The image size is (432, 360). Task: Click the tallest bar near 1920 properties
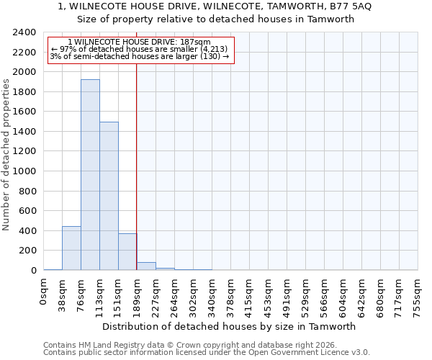tap(90, 175)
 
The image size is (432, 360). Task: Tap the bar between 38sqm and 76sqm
tap(71, 248)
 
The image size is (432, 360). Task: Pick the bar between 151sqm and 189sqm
tap(127, 252)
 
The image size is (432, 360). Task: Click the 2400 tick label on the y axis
tap(24, 33)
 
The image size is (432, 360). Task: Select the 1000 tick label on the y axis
tap(24, 171)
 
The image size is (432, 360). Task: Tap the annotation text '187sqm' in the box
tap(196, 42)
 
